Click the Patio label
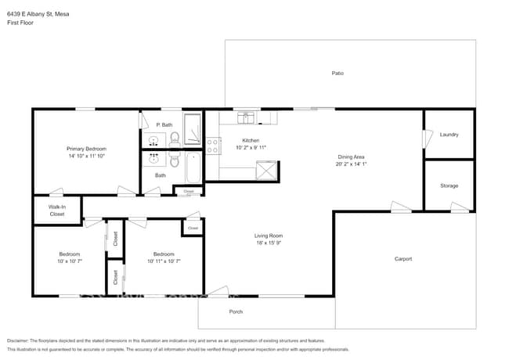(338, 73)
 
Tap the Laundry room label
(449, 135)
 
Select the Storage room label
(449, 185)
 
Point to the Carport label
(403, 259)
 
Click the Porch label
(236, 311)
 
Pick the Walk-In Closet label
(57, 210)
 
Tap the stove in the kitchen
(211, 145)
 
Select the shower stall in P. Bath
(193, 126)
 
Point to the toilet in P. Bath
(174, 139)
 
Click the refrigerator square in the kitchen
(267, 170)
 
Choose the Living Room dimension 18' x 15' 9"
(268, 243)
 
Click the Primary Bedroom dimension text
(85, 157)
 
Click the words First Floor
(19, 23)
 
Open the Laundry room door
(427, 138)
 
